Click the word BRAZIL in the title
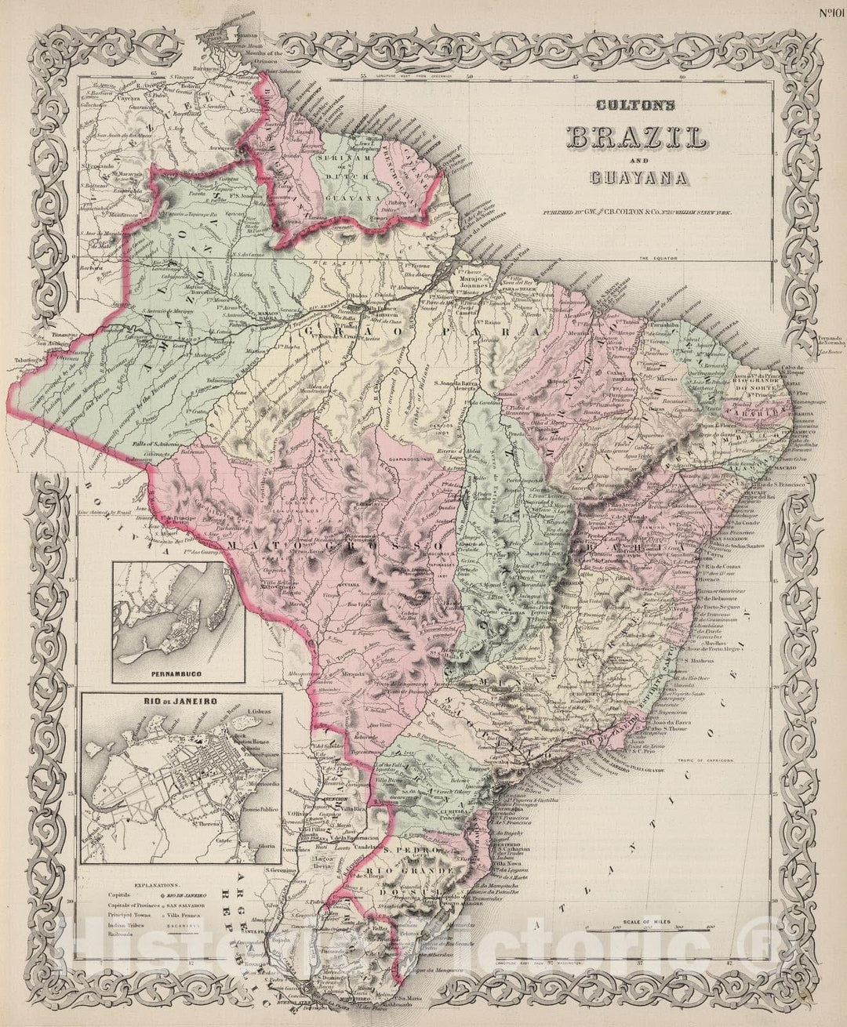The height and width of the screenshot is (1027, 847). pyautogui.click(x=636, y=138)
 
